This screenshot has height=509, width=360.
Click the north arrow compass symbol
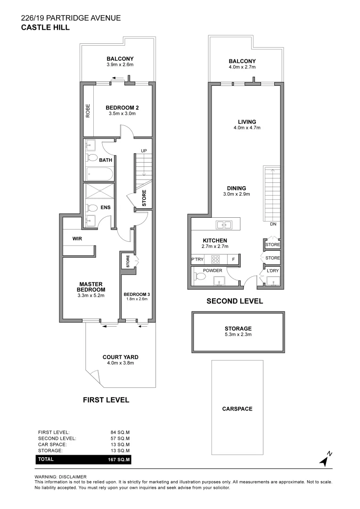325,459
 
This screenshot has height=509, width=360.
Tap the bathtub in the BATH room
99,175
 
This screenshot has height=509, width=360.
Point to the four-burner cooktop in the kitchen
216,259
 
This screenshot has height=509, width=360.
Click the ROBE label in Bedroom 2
88,111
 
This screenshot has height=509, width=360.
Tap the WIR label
77,239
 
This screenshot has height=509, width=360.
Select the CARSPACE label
237,409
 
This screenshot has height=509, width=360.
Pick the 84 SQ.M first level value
120,432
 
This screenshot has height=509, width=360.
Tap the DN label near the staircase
273,224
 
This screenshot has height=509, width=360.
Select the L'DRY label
273,271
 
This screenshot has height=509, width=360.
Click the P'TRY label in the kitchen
197,259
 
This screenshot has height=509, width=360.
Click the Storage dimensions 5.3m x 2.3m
238,335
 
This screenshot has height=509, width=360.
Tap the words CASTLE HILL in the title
46,27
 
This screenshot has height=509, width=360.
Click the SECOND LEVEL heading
235,301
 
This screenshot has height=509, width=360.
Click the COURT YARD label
121,357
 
